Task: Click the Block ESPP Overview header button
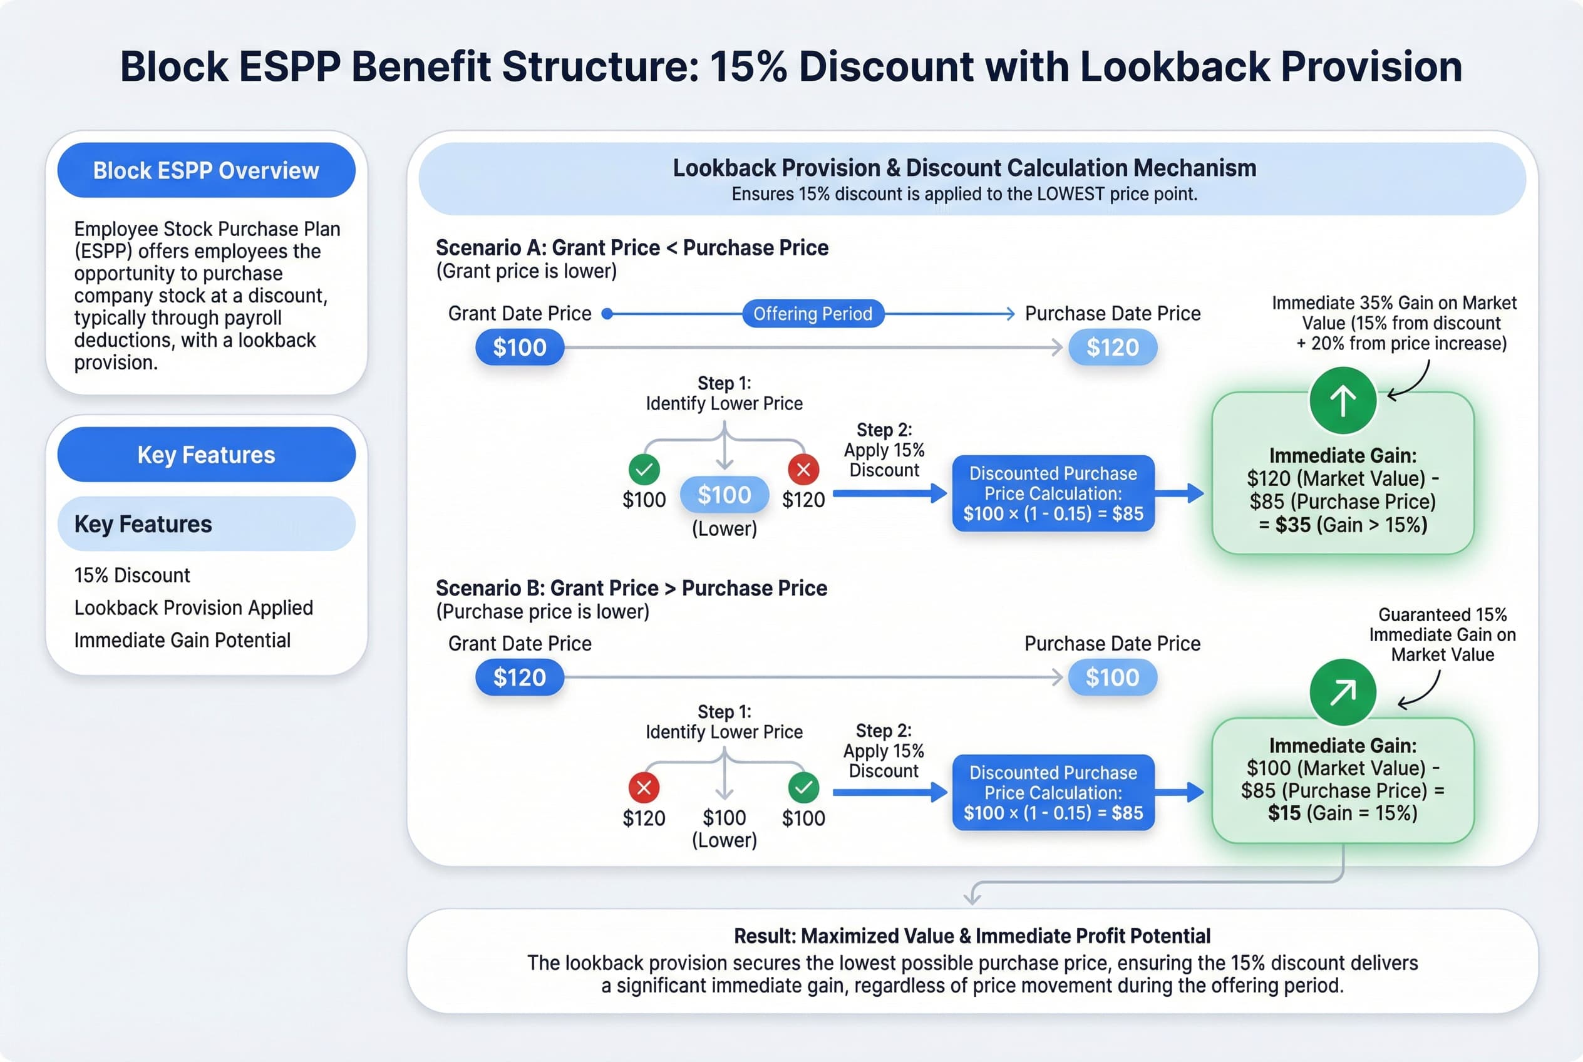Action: point(206,170)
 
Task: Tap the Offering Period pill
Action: point(812,314)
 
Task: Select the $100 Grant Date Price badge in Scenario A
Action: point(520,348)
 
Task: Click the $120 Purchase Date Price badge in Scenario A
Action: point(1112,348)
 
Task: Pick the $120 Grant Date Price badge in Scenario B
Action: point(520,678)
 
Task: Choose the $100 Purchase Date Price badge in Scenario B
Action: point(1112,678)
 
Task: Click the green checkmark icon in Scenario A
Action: point(644,468)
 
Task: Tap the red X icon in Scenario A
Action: point(803,468)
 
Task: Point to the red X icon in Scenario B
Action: point(644,787)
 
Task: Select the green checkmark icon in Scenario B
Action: point(803,787)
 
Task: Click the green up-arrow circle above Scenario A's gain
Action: point(1343,400)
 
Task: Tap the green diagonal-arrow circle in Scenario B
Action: point(1343,692)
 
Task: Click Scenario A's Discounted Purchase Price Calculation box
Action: point(1053,493)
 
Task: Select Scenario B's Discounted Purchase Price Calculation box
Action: point(1053,793)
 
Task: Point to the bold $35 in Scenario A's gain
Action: point(1292,525)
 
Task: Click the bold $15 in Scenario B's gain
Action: point(1284,813)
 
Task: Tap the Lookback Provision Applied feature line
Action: point(193,607)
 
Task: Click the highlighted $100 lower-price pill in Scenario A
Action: point(724,495)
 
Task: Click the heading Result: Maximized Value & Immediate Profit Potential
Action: point(972,936)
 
